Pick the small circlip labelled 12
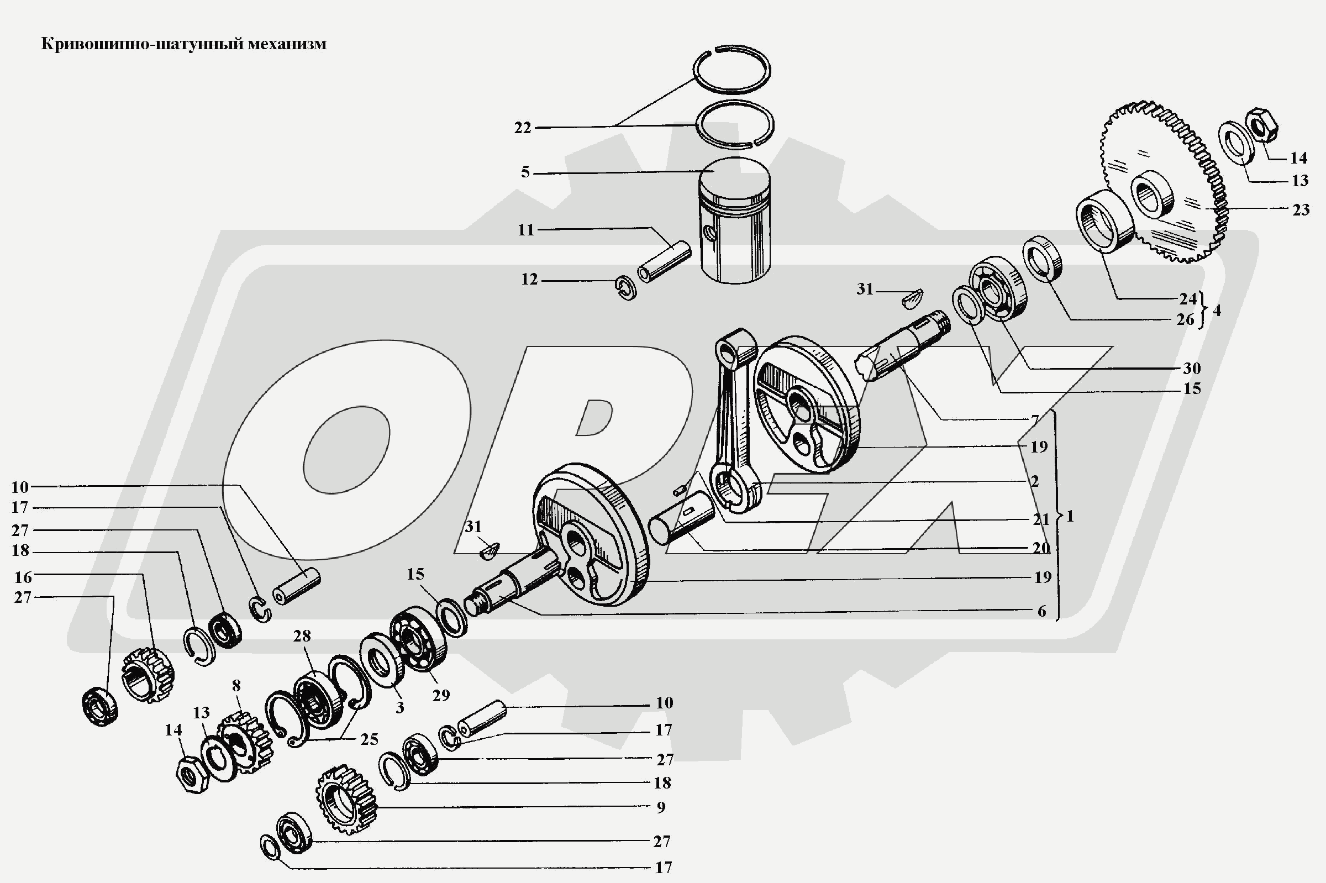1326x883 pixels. pyautogui.click(x=625, y=288)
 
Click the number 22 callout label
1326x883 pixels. pyautogui.click(x=522, y=128)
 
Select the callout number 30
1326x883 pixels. pyautogui.click(x=1191, y=369)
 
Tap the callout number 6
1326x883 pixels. pyautogui.click(x=1041, y=612)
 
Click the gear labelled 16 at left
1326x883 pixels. pyautogui.click(x=148, y=676)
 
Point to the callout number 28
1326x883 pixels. pyautogui.click(x=302, y=637)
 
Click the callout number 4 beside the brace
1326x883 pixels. pyautogui.click(x=1217, y=311)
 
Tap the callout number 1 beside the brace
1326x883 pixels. pyautogui.click(x=1070, y=517)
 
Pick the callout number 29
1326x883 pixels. pyautogui.click(x=441, y=696)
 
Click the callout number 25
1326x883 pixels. pyautogui.click(x=370, y=739)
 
